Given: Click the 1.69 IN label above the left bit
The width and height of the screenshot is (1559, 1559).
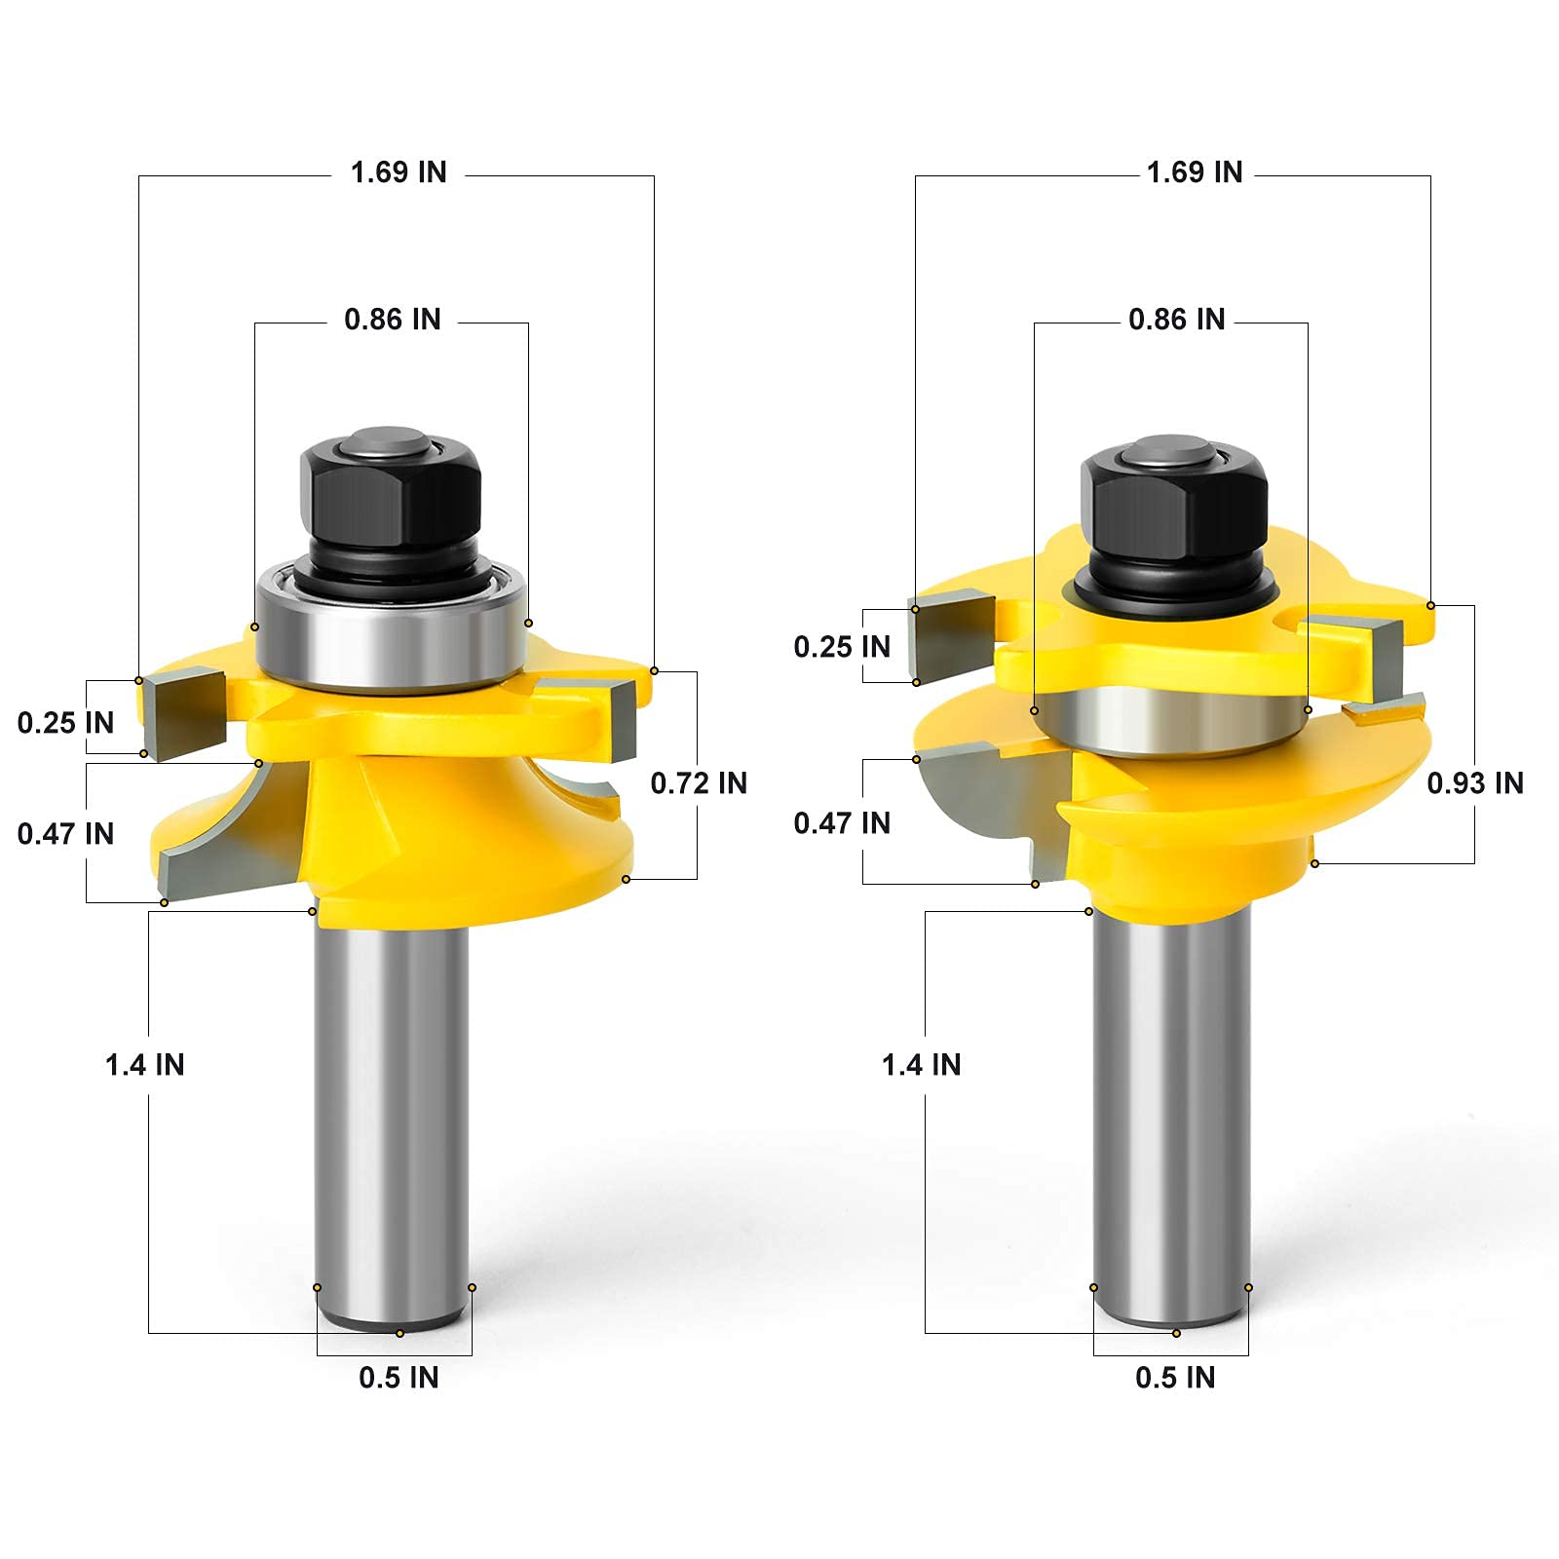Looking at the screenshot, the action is [399, 172].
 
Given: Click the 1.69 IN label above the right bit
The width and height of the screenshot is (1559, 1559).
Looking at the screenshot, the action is [1195, 172].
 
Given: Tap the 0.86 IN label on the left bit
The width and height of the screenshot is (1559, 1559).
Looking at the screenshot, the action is [393, 320].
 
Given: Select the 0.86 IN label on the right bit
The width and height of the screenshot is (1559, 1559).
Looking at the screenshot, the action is [1177, 320].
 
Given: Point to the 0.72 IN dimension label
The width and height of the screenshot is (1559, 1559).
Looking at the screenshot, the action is [699, 783].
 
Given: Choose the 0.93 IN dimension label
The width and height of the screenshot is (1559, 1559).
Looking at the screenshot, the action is [1475, 783].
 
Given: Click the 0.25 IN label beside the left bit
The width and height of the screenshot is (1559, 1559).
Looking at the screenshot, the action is [65, 723].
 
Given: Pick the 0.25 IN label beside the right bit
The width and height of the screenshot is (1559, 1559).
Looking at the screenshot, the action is [842, 647].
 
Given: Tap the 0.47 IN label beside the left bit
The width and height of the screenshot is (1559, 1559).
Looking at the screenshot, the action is [65, 834].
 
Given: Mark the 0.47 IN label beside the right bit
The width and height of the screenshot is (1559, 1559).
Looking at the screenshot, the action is [842, 823].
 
